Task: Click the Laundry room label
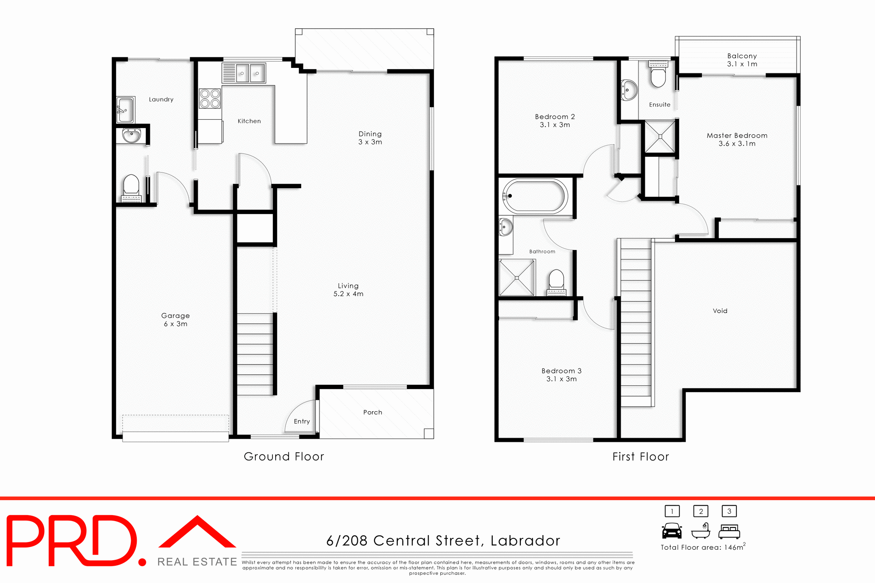point(161,99)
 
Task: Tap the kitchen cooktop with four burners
point(210,98)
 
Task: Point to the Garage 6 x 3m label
point(175,320)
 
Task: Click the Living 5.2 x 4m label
point(348,290)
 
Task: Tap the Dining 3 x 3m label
point(370,138)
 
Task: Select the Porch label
point(372,412)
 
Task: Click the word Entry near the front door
point(302,421)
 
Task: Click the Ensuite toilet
point(658,74)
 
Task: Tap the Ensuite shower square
point(659,136)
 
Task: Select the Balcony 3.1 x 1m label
point(742,60)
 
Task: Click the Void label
point(720,311)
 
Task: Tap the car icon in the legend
point(672,531)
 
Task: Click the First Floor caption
point(640,456)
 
